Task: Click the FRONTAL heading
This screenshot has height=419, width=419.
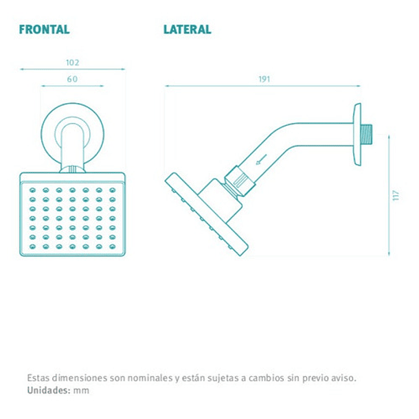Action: [x=45, y=30]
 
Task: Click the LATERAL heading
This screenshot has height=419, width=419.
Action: [x=188, y=30]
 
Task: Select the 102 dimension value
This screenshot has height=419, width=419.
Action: [x=73, y=63]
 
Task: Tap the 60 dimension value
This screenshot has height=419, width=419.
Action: [x=72, y=79]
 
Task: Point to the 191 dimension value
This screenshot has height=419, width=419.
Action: [x=264, y=79]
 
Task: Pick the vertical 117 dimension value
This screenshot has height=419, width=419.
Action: [x=396, y=195]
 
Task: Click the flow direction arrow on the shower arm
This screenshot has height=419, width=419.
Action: [x=261, y=159]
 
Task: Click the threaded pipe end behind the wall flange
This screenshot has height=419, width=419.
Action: [x=366, y=134]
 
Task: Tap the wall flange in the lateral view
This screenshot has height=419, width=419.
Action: [x=357, y=135]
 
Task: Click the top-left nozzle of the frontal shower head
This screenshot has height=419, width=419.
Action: [x=32, y=190]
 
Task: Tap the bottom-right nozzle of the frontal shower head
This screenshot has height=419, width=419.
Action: [x=113, y=247]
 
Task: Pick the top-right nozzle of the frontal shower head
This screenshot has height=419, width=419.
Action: [x=113, y=190]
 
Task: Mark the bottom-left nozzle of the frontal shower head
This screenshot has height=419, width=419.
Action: [x=32, y=247]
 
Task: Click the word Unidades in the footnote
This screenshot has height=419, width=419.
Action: [x=49, y=390]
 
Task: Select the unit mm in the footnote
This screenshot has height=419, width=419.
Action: [x=81, y=391]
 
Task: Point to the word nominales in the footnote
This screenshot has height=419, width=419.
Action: [x=150, y=378]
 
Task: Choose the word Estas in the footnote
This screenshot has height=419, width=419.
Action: [x=38, y=378]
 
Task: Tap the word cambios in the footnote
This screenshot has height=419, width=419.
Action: [x=267, y=378]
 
